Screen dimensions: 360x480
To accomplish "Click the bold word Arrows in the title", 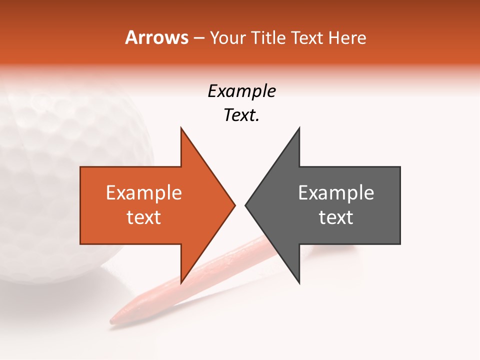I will click(156, 37).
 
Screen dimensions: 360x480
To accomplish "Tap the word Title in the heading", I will click(270, 37).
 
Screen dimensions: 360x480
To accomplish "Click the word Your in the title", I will click(227, 38).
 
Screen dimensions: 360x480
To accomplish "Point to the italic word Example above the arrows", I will click(241, 91).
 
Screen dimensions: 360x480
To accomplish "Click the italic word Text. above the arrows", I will click(241, 115).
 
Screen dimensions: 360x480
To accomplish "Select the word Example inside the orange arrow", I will click(143, 193).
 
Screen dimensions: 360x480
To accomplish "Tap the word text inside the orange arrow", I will click(143, 217).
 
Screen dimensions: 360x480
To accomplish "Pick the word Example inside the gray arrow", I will click(336, 193).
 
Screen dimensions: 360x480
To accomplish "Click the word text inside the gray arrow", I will click(336, 217).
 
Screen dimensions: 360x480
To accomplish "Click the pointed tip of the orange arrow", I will click(234, 204).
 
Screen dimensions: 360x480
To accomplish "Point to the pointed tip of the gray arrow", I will click(246, 204).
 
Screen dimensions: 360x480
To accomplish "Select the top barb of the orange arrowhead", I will click(181, 129).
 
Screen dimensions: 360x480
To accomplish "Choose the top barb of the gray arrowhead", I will click(298, 129).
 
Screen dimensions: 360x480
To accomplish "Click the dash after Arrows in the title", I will click(198, 38).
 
